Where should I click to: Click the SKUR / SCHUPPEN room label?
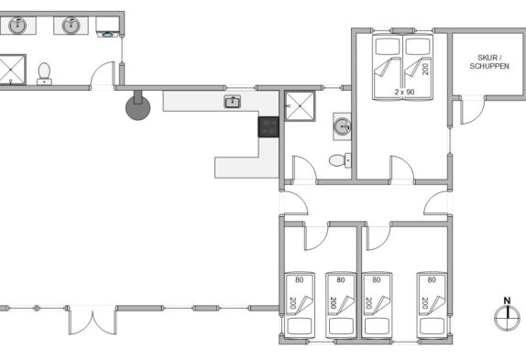click(x=489, y=62)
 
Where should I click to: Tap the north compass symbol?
click(x=508, y=314)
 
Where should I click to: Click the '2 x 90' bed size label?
click(x=404, y=92)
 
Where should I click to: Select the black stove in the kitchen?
click(x=268, y=126)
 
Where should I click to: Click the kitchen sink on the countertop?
click(x=233, y=102)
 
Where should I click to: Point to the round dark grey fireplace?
click(x=137, y=105)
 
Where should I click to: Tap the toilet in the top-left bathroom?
click(x=44, y=74)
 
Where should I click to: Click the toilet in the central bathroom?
click(x=340, y=160)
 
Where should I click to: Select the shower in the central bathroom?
click(x=300, y=106)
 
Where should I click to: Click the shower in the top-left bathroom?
click(x=12, y=70)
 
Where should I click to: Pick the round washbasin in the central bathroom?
click(x=342, y=126)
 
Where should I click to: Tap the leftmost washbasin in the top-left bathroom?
click(x=17, y=26)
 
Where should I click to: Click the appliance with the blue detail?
click(x=107, y=27)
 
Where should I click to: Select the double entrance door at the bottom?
click(x=93, y=320)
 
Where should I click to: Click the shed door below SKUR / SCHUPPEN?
click(x=472, y=110)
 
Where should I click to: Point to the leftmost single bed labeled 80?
click(x=300, y=305)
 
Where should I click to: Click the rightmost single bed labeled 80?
click(x=432, y=305)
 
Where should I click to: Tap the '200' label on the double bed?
click(x=425, y=69)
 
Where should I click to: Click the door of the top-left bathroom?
click(x=103, y=75)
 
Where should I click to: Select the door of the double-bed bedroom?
click(x=402, y=169)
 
